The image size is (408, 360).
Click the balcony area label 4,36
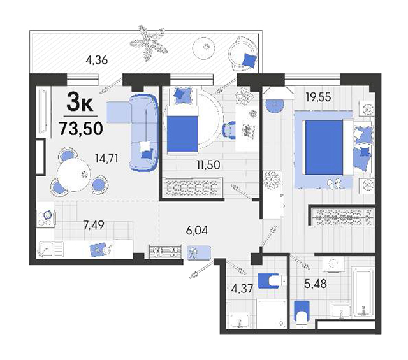[96, 61]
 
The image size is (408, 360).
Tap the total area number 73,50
[81, 129]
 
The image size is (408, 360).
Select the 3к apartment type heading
[80, 102]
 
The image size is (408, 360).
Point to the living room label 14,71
[106, 159]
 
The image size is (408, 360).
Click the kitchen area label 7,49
[94, 225]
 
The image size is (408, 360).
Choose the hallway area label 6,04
[197, 231]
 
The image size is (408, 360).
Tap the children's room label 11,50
[208, 165]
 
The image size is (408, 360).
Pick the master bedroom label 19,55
[319, 97]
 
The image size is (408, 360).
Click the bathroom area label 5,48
[316, 284]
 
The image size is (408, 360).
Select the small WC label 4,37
[242, 289]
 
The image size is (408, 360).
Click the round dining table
[74, 175]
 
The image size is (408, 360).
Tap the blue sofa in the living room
[144, 132]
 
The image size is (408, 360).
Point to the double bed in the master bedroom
[324, 147]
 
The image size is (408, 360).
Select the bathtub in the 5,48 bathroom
[363, 292]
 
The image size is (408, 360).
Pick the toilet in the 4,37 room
[269, 280]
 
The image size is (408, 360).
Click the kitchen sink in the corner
[51, 249]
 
